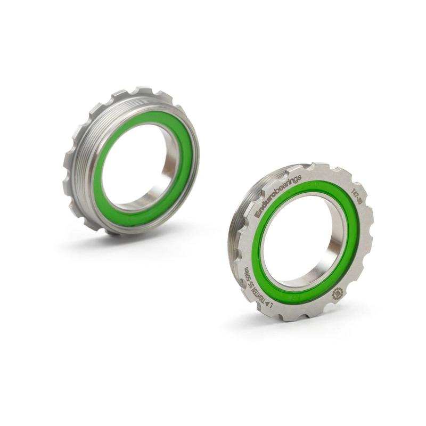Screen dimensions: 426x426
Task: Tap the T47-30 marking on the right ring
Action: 353,194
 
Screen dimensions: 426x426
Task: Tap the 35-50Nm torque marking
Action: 247,271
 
